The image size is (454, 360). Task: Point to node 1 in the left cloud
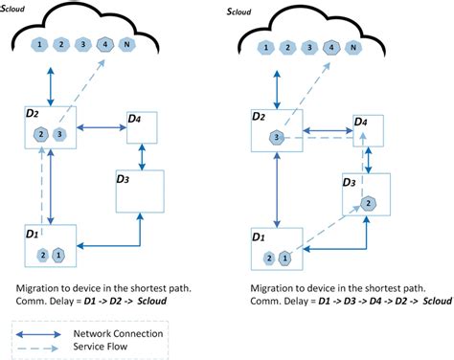click(x=39, y=45)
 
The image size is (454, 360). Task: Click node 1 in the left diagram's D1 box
click(x=58, y=254)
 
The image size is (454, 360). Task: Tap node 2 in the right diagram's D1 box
click(x=268, y=259)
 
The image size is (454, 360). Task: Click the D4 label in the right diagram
click(x=360, y=123)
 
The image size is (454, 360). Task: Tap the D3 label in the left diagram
click(x=123, y=178)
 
